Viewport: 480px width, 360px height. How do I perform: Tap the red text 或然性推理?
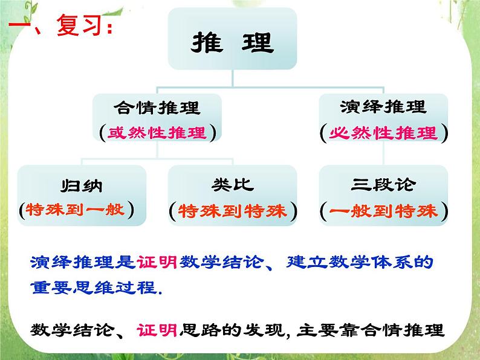(157, 133)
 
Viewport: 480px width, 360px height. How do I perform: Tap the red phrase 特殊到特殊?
(233, 211)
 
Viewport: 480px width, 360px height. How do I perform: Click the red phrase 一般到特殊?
(384, 211)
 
